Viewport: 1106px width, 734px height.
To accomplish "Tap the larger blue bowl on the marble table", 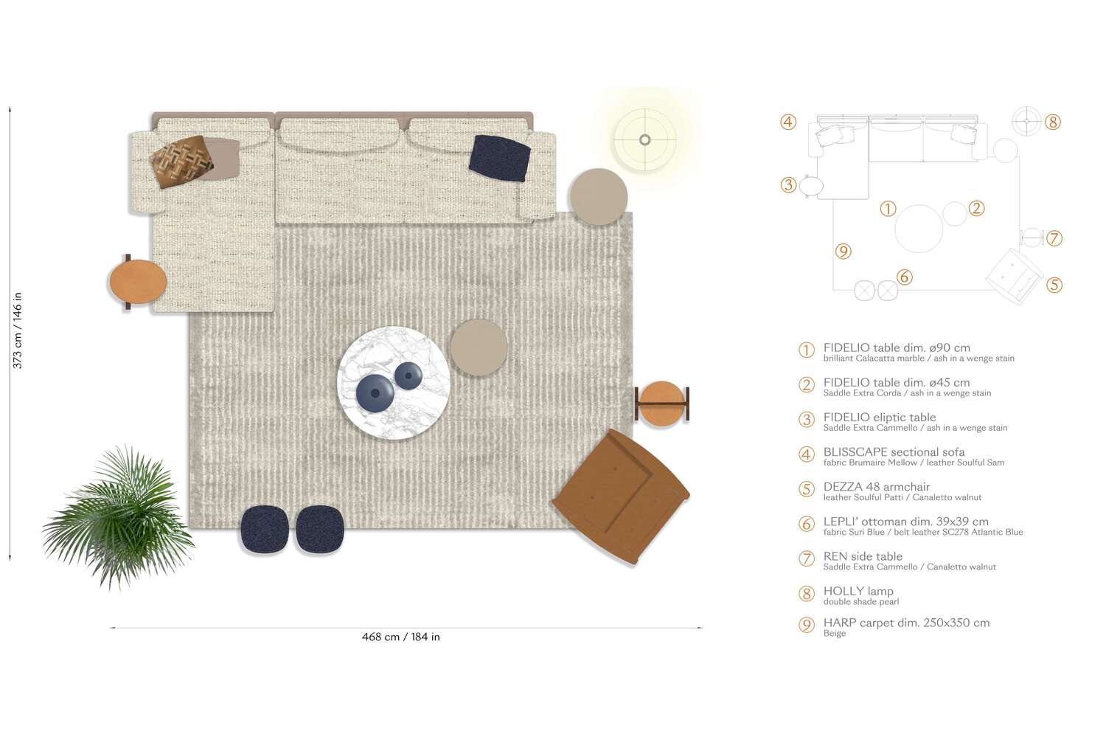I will coord(375,392).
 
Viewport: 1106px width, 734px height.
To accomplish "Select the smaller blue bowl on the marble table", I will coord(408,376).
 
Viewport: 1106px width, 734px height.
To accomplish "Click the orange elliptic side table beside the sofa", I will coord(137,282).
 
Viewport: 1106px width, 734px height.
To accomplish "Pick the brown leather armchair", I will coord(621,496).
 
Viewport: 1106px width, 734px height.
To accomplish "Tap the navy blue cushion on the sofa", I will coord(500,158).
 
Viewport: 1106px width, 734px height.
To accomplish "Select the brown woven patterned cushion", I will coord(182,161).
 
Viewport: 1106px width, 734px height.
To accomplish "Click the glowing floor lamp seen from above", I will coord(645,139).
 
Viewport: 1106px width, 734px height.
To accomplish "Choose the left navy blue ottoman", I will coord(264,529).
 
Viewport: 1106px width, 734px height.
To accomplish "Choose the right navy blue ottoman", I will coord(319,529).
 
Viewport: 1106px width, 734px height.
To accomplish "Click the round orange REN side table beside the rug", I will coord(661,404).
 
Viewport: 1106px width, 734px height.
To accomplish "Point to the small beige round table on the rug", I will coord(479,347).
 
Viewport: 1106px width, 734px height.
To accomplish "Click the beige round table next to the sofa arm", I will coord(598,197).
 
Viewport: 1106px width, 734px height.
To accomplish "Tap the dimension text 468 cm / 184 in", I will coord(400,637).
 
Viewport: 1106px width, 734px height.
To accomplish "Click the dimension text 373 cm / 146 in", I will coord(18,330).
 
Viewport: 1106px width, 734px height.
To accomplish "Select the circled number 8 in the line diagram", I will coord(1053,122).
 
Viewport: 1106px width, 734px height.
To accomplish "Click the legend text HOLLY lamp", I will coord(858,591).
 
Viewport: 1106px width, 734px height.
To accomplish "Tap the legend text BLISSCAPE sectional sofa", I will coord(894,451).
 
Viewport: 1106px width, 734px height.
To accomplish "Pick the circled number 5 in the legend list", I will coord(807,489).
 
